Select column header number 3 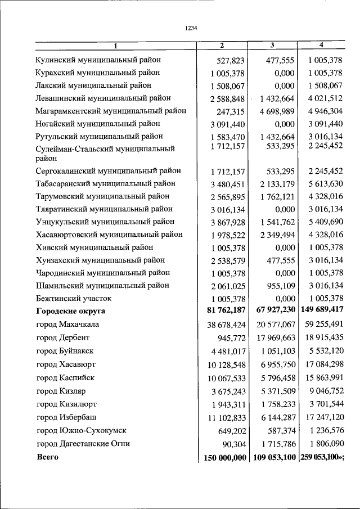pos(272,45)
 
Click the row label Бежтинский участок pos(74,298)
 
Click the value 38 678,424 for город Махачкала pos(224,325)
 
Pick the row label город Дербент pos(63,337)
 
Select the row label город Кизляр pos(62,390)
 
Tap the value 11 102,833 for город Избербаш pos(224,417)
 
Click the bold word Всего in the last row pos(48,457)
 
